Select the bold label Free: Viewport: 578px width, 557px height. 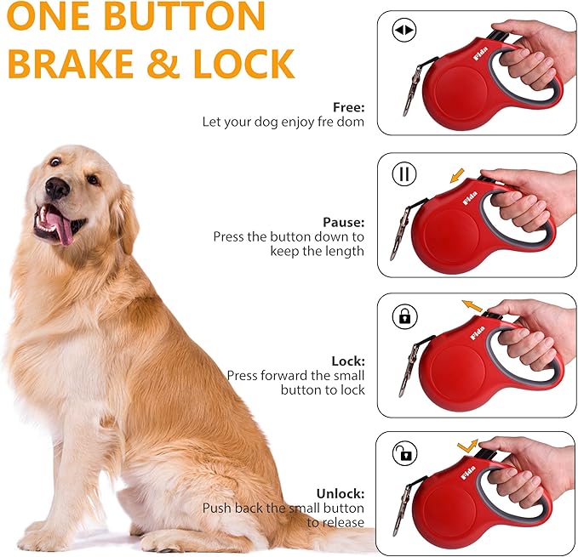pyautogui.click(x=349, y=108)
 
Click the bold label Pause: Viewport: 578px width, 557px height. pyautogui.click(x=344, y=222)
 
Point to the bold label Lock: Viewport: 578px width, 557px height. pyautogui.click(x=348, y=361)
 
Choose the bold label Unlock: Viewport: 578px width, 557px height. pyautogui.click(x=341, y=493)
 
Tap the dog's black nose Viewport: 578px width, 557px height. pyautogui.click(x=56, y=188)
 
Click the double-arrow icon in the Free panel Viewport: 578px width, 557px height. pyautogui.click(x=403, y=31)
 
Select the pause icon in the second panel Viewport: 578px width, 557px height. pyautogui.click(x=403, y=174)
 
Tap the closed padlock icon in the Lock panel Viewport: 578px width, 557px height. pyautogui.click(x=404, y=316)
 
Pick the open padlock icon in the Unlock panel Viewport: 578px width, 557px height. pyautogui.click(x=404, y=453)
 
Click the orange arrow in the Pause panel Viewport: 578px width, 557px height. pyautogui.click(x=457, y=176)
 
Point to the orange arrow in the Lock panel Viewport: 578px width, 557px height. pyautogui.click(x=471, y=305)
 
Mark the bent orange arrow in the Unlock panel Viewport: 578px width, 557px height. pyautogui.click(x=467, y=444)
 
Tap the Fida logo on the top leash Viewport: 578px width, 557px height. pyautogui.click(x=458, y=60)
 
